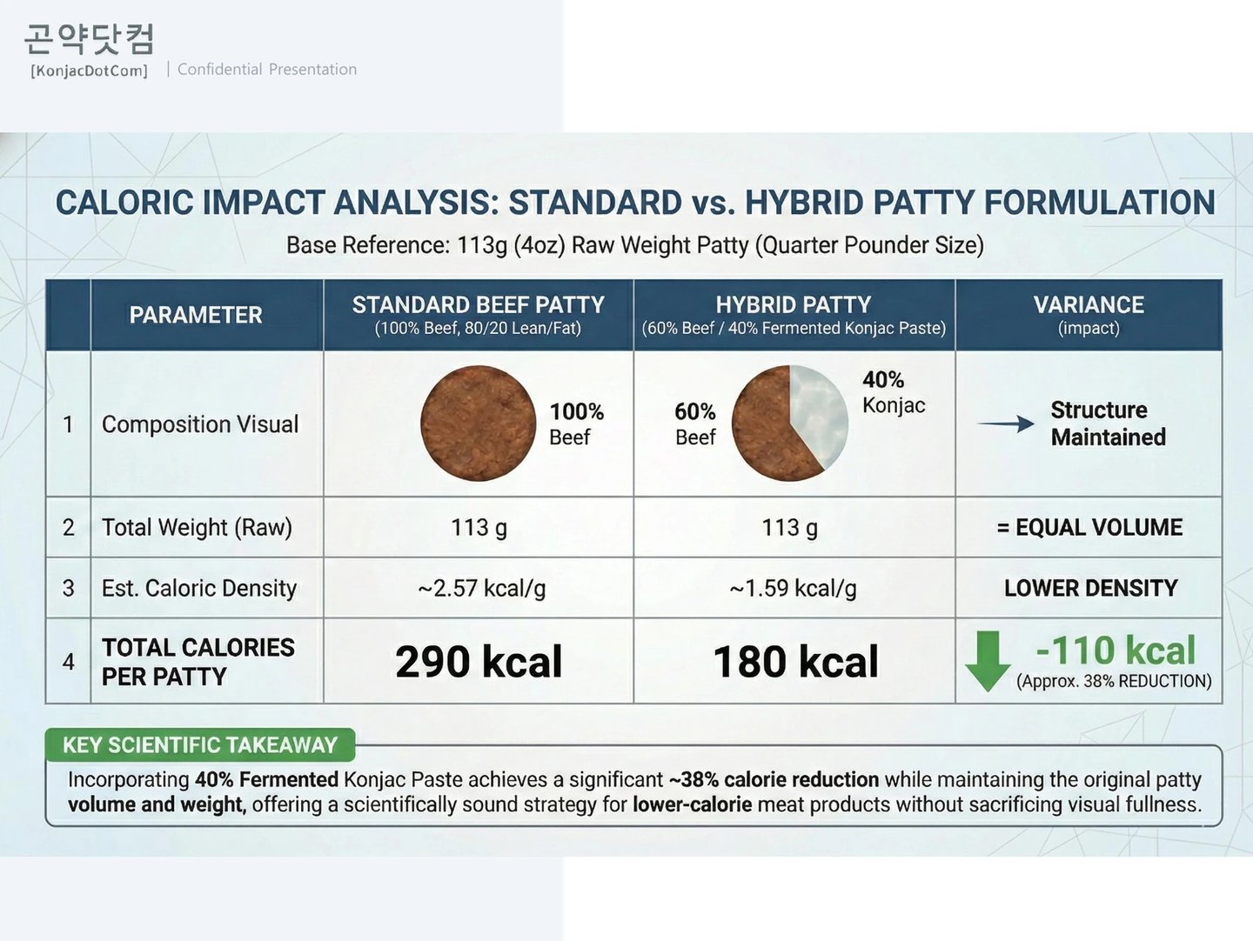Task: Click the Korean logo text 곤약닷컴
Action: (x=89, y=39)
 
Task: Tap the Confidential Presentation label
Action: (x=267, y=70)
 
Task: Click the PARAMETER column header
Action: (x=196, y=315)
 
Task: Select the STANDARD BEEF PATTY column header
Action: (x=478, y=314)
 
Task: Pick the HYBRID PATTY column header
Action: (x=793, y=314)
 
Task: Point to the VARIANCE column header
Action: (x=1089, y=314)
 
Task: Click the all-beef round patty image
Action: (x=478, y=424)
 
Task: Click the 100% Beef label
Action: (x=576, y=424)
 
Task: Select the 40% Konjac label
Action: (x=893, y=392)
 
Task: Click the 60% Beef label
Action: (x=695, y=424)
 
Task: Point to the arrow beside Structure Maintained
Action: (x=1006, y=424)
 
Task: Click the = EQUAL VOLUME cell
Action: (x=1089, y=527)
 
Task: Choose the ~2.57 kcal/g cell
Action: (x=481, y=589)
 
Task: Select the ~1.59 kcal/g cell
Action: (x=793, y=589)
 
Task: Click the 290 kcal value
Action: (x=479, y=662)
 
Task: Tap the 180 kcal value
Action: (x=795, y=662)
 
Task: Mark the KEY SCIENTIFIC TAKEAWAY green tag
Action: (x=199, y=745)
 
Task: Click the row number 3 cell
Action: (x=68, y=589)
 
